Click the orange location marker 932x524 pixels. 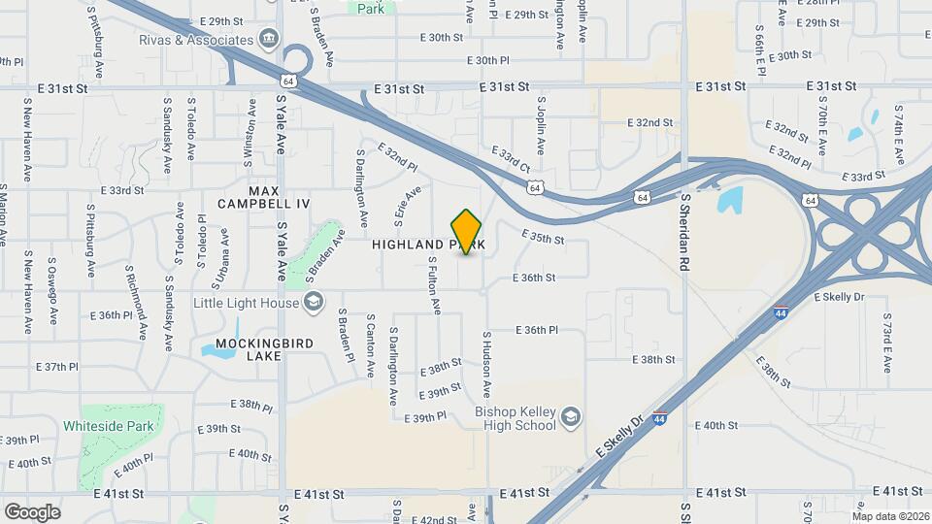pyautogui.click(x=467, y=232)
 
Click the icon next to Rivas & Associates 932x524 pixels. pyautogui.click(x=269, y=40)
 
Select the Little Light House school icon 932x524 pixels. pyautogui.click(x=314, y=304)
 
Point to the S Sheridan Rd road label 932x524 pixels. pyautogui.click(x=684, y=232)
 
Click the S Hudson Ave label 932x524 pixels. pyautogui.click(x=485, y=367)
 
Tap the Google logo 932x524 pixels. pyautogui.click(x=32, y=511)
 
